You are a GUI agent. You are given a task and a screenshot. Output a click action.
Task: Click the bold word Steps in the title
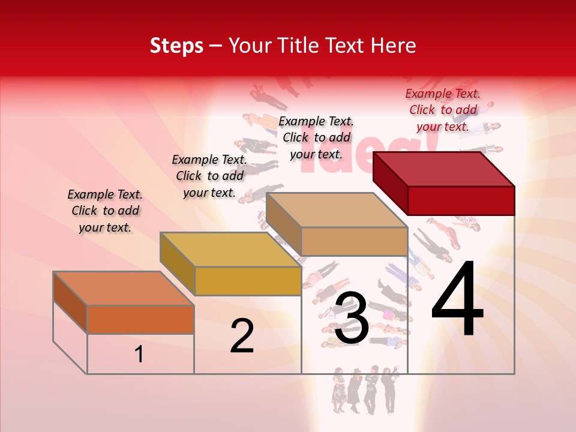pyautogui.click(x=176, y=46)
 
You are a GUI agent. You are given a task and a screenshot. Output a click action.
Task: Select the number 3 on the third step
pyautogui.click(x=351, y=319)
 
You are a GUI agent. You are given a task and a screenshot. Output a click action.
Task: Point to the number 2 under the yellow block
pyautogui.click(x=242, y=336)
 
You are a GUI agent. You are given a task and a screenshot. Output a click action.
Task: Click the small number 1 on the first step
pyautogui.click(x=139, y=355)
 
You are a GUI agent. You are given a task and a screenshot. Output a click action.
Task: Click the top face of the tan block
pyautogui.click(x=336, y=210)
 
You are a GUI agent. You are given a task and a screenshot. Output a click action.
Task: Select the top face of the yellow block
pyautogui.click(x=230, y=250)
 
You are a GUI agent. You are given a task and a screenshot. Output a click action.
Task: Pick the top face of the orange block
pyautogui.click(x=123, y=288)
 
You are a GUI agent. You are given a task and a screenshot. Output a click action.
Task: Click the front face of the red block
pyautogui.click(x=461, y=200)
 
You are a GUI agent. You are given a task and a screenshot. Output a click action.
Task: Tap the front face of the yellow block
pyautogui.click(x=248, y=281)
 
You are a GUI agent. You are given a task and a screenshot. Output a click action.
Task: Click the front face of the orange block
pyautogui.click(x=140, y=319)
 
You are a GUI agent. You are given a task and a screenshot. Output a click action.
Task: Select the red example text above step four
pyautogui.click(x=443, y=110)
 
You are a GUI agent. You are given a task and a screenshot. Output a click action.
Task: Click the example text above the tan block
pyautogui.click(x=316, y=137)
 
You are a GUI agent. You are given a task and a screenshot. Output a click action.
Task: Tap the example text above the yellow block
pyautogui.click(x=209, y=176)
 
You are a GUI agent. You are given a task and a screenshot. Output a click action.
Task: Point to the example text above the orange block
pyautogui.click(x=105, y=211)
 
